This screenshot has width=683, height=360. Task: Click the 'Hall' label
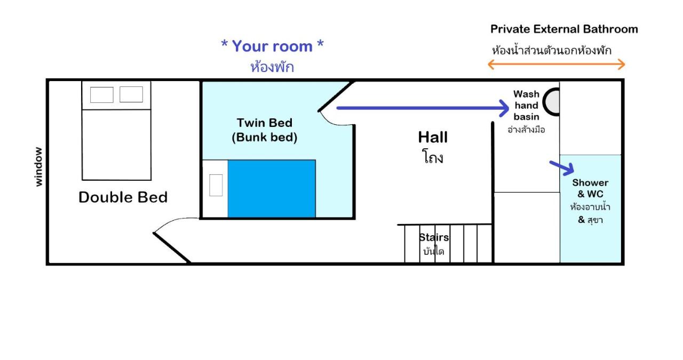(x=433, y=137)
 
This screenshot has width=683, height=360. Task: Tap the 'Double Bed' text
(x=123, y=197)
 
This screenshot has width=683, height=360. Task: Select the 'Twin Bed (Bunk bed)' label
(x=264, y=130)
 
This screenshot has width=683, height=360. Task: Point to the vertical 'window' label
(x=38, y=167)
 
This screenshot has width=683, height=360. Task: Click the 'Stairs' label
(x=434, y=237)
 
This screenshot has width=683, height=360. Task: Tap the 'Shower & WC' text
(x=590, y=188)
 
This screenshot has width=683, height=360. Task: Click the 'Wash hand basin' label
(x=526, y=106)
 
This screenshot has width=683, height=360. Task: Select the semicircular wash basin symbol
(x=551, y=102)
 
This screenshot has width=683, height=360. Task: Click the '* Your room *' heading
(x=272, y=46)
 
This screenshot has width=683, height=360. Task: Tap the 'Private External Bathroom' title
(x=564, y=29)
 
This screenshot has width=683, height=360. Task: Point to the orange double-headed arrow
(x=557, y=65)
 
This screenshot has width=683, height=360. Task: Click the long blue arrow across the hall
(x=423, y=108)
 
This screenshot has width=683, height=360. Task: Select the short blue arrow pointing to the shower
(x=562, y=168)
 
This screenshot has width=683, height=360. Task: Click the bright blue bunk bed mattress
(x=272, y=189)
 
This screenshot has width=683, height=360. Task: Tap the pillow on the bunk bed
(x=216, y=186)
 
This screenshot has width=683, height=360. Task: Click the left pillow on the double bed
(x=102, y=94)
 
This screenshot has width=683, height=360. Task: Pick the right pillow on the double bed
(x=131, y=94)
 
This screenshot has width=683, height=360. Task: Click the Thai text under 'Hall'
(x=433, y=157)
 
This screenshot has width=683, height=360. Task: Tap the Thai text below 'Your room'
(x=272, y=67)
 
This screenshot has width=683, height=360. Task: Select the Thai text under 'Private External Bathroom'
(x=552, y=50)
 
